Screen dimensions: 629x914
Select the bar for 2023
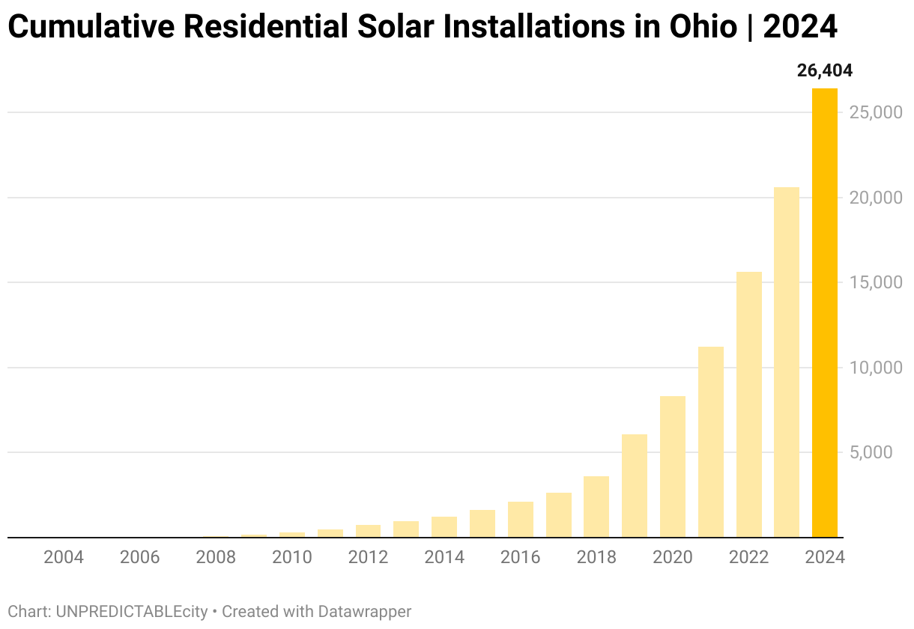pyautogui.click(x=787, y=362)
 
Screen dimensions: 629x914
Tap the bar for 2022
pyautogui.click(x=748, y=404)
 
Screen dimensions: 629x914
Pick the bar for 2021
pyautogui.click(x=711, y=442)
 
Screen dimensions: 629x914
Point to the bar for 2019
pyautogui.click(x=635, y=486)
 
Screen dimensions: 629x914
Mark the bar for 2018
pyautogui.click(x=596, y=507)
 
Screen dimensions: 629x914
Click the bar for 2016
pyautogui.click(x=520, y=520)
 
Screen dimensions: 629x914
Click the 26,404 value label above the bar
pyautogui.click(x=825, y=71)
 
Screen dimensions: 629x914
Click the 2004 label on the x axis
pyautogui.click(x=64, y=558)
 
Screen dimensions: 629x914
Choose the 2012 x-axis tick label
pyautogui.click(x=368, y=558)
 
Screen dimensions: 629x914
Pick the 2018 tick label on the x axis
pyautogui.click(x=596, y=558)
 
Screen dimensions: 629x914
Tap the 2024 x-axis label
pyautogui.click(x=825, y=558)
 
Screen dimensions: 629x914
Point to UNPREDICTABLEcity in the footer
pyautogui.click(x=132, y=612)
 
